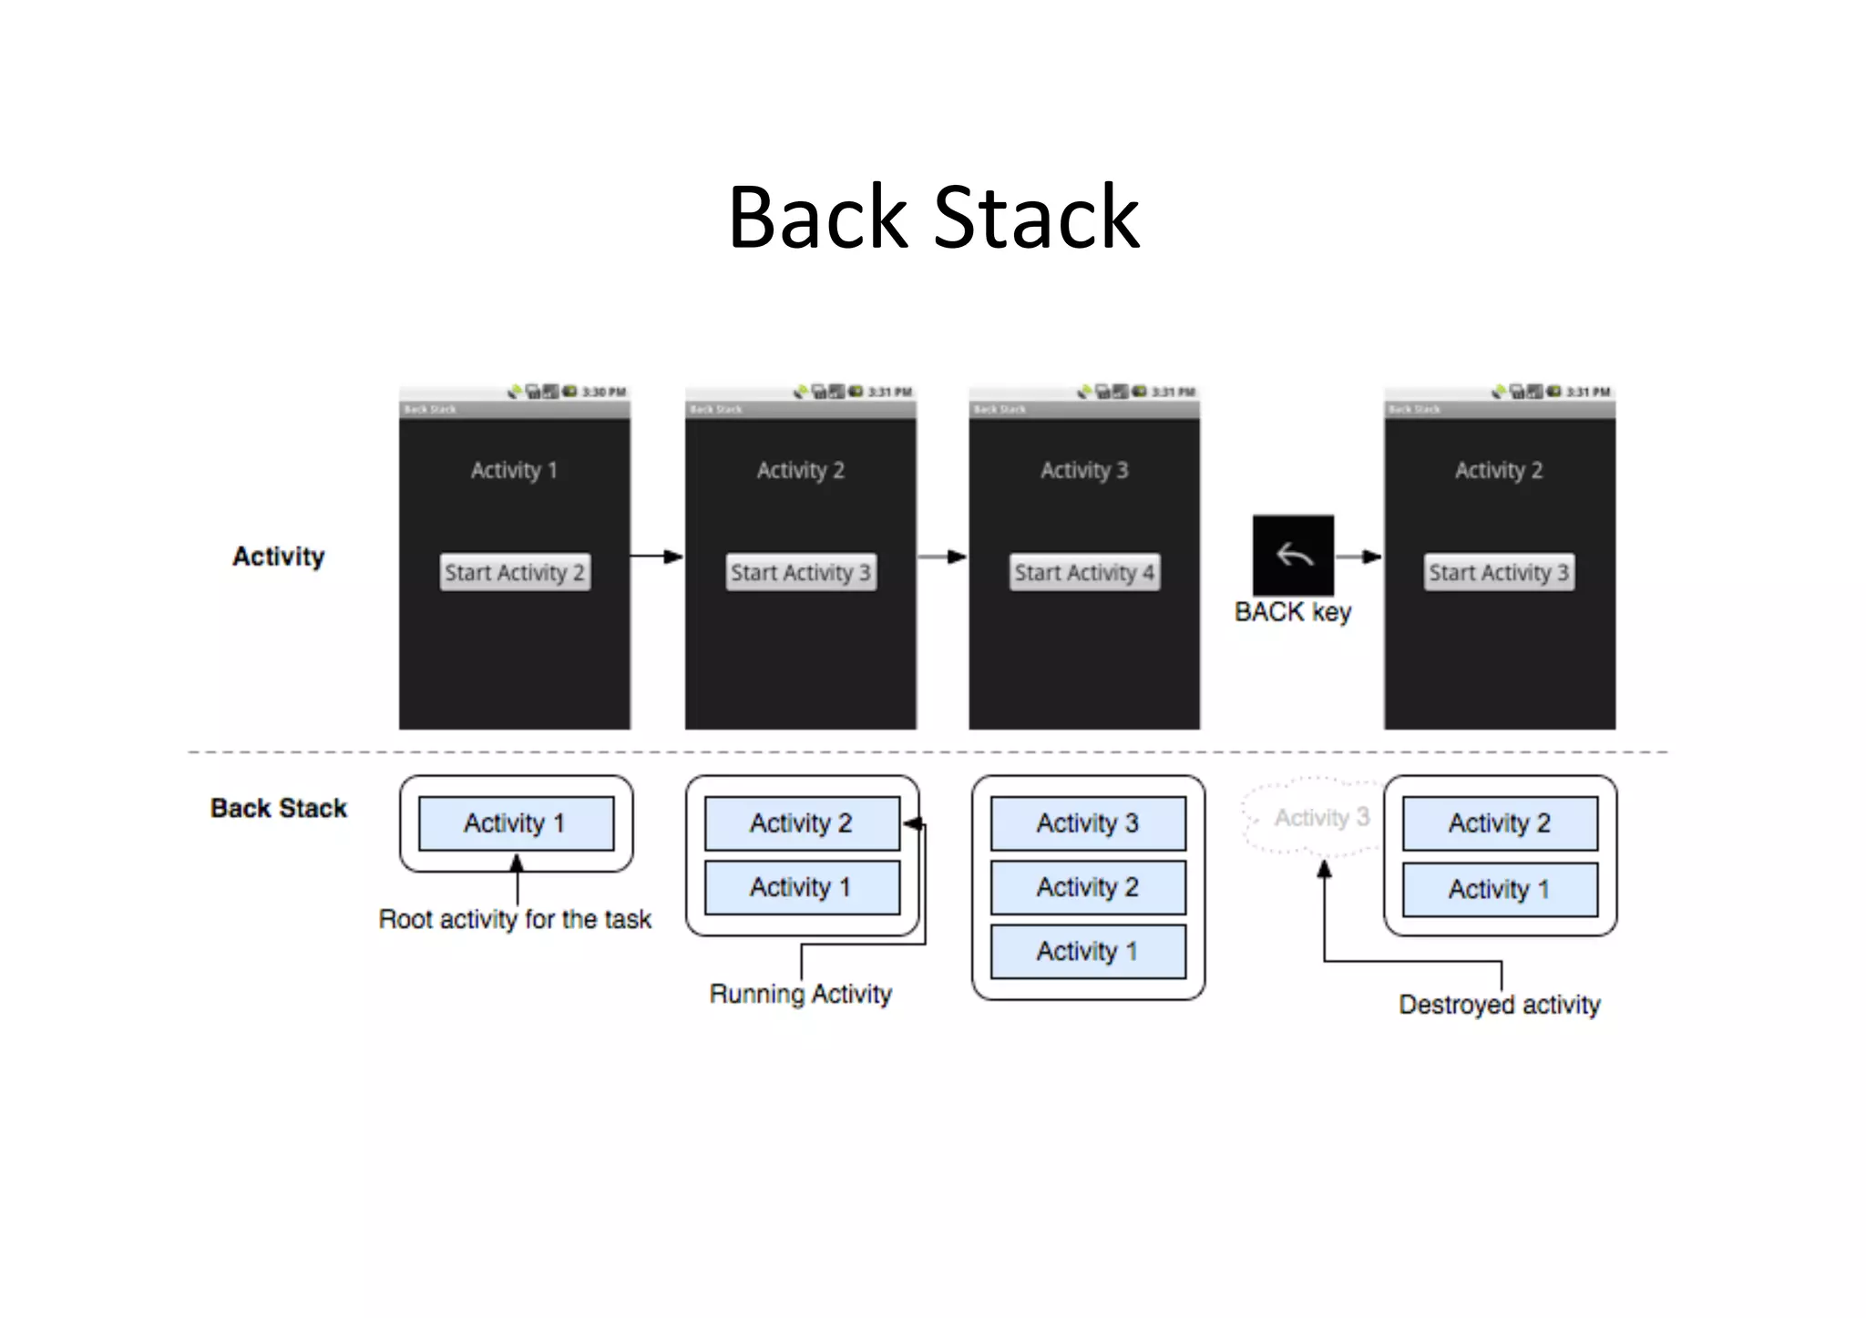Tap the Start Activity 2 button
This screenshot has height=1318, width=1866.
(x=515, y=572)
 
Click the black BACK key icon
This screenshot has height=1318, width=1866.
(x=1293, y=555)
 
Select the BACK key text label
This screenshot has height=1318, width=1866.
(x=1292, y=612)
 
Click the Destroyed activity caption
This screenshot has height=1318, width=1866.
(x=1500, y=1005)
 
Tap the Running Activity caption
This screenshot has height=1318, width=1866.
(x=800, y=994)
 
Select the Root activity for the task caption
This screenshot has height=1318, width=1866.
(x=515, y=919)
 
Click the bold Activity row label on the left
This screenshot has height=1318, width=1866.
(x=278, y=557)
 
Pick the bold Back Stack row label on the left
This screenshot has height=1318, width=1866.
(x=278, y=808)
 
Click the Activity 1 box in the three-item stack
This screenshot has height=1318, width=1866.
(x=1088, y=952)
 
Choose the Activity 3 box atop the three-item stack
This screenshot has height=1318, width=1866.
(x=1088, y=823)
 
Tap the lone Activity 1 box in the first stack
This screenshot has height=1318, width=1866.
(x=516, y=823)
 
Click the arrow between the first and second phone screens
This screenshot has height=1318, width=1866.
(x=656, y=557)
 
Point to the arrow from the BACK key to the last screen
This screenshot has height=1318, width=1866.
(x=1358, y=557)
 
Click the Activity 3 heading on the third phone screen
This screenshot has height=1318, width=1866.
(x=1084, y=470)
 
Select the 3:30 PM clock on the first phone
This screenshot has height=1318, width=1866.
(x=604, y=392)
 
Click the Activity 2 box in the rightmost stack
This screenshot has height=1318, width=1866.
(x=1500, y=823)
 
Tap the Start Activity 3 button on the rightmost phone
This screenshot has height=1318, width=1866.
(x=1499, y=572)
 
